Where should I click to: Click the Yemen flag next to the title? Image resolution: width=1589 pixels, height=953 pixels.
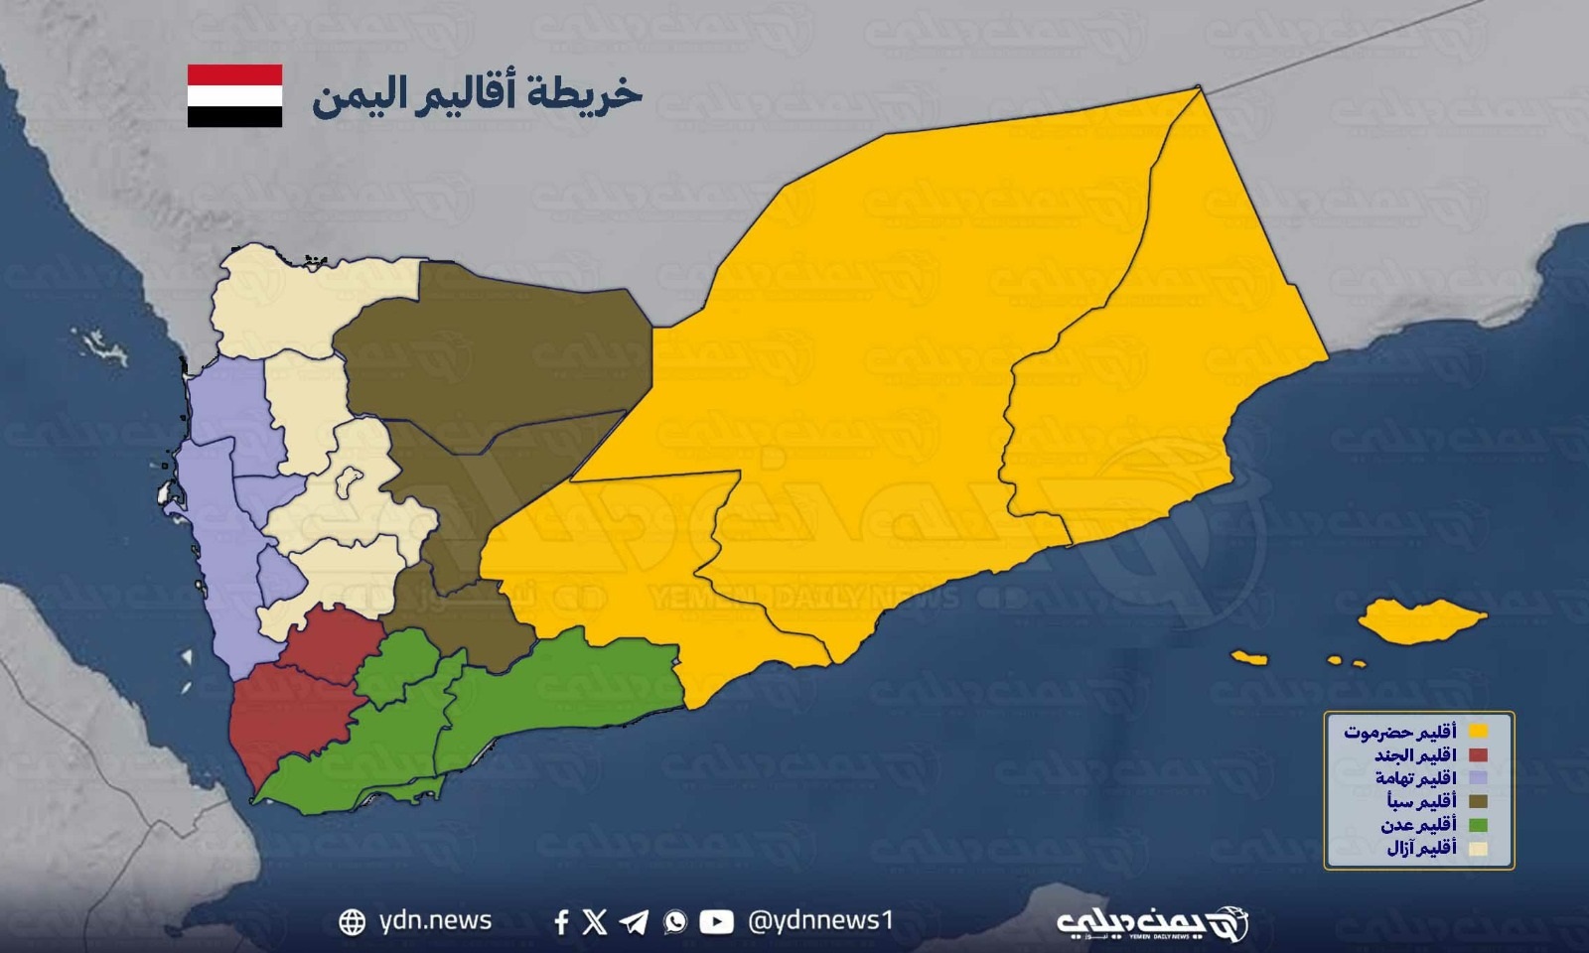pos(235,95)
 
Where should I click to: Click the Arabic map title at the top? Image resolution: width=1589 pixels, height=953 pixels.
pos(477,94)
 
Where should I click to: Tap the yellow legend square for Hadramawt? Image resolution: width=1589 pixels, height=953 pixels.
pos(1477,732)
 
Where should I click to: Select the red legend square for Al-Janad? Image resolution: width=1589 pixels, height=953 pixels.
pos(1477,755)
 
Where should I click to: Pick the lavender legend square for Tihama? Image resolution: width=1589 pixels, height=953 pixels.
pos(1477,778)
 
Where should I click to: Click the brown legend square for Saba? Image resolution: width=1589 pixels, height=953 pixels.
pos(1477,801)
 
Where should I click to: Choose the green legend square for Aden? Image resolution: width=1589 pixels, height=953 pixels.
pos(1477,825)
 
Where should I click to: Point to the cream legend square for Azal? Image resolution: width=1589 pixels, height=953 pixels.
pos(1477,849)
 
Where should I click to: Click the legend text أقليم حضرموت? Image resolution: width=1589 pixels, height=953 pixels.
pos(1400,732)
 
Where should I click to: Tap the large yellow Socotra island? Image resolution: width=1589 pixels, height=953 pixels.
pos(1422,619)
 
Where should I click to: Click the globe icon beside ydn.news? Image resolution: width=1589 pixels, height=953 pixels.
pos(352,922)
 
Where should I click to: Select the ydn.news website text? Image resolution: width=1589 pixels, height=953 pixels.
pos(435,921)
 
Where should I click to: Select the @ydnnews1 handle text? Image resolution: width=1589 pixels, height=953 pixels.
pos(820,921)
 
